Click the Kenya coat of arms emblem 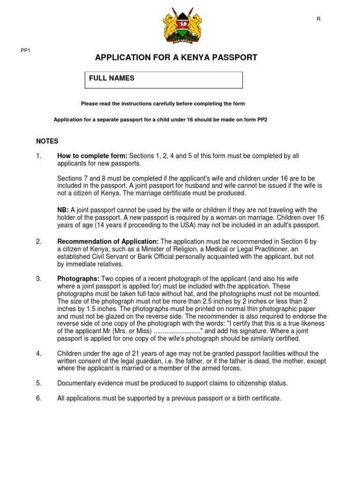coord(180,27)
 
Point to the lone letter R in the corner coord(319,18)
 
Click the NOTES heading coord(47,141)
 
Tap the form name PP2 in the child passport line coord(262,120)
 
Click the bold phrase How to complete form coord(92,156)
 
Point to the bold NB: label coord(63,210)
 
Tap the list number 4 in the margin coord(38,353)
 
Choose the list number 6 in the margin coord(38,398)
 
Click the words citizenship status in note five coord(262,383)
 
